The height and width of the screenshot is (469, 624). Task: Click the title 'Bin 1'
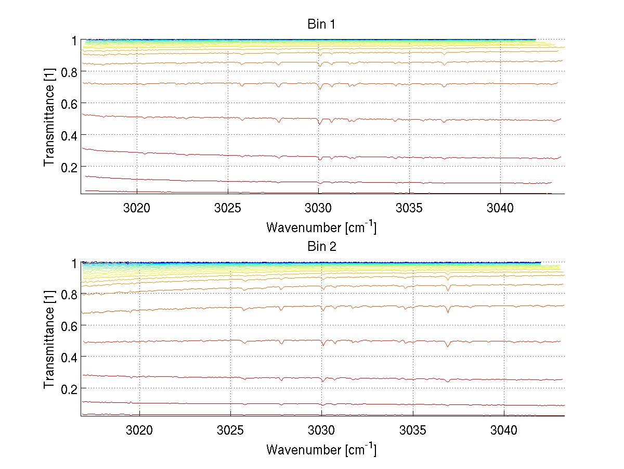(x=321, y=24)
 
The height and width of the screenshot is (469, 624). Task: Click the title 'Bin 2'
(x=321, y=247)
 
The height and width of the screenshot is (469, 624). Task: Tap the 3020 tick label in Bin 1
(x=137, y=208)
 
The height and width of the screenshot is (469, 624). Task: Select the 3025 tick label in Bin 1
(x=228, y=208)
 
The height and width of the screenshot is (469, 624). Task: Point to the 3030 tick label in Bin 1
(x=319, y=208)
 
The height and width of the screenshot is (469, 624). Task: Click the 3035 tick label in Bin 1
(x=410, y=208)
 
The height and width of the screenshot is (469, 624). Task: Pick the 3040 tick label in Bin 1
(x=501, y=208)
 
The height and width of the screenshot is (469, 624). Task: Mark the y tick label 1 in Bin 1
(x=74, y=40)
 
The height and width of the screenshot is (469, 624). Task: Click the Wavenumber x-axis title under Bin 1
(x=321, y=227)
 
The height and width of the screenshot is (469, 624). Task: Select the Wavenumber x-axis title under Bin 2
(x=321, y=449)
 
